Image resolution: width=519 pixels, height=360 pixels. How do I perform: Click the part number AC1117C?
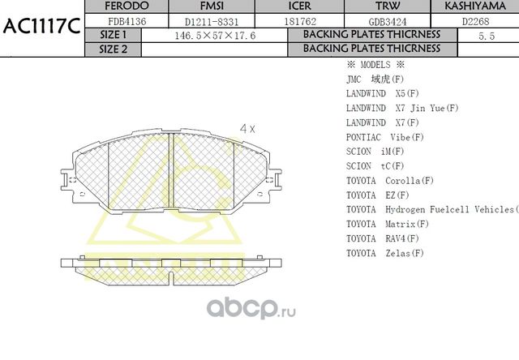41,28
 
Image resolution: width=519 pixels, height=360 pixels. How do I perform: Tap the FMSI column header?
199,6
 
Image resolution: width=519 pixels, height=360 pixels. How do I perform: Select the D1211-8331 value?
199,22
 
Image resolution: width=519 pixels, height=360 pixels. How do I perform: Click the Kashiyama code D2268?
475,22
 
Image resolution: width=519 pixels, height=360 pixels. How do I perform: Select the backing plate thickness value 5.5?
487,36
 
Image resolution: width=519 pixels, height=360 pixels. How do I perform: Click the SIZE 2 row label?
113,49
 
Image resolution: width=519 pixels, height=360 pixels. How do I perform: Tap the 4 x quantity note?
247,129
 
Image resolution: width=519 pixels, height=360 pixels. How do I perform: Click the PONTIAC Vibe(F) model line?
385,136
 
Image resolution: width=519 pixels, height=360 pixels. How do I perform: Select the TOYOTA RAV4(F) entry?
382,238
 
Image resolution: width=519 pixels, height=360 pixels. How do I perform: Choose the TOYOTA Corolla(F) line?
389,180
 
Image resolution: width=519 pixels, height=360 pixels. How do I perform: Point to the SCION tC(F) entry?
375,165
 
